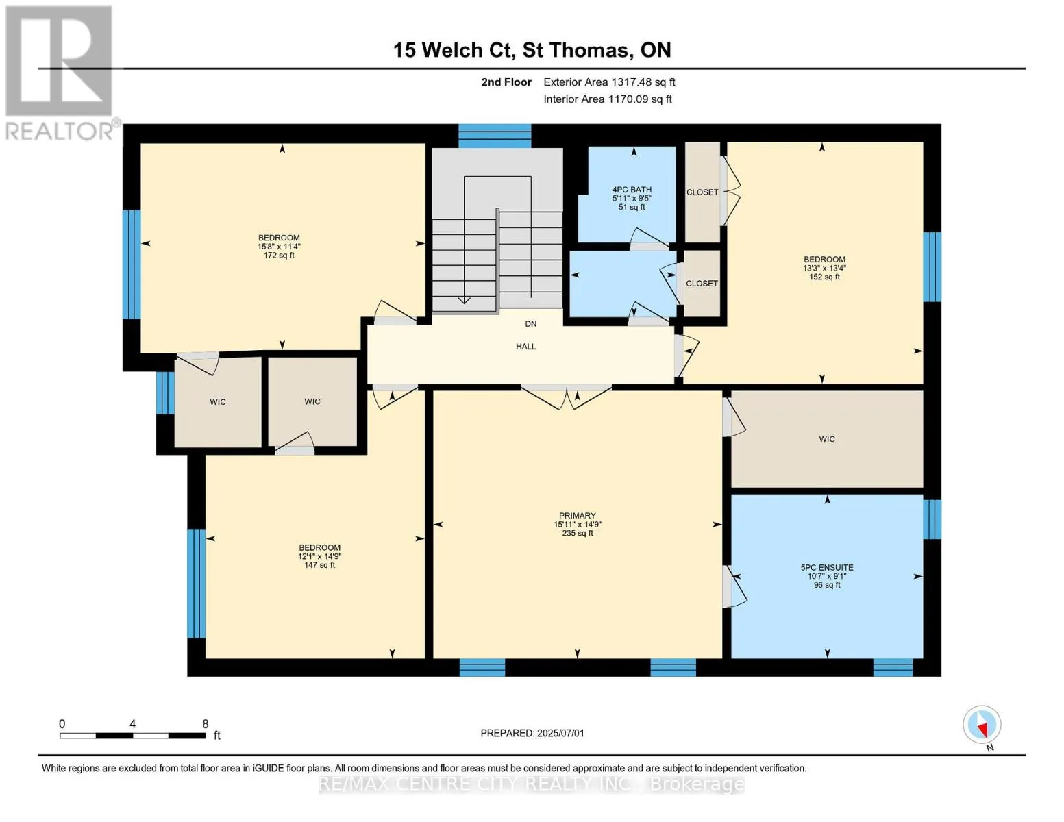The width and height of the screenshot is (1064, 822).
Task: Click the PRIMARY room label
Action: click(578, 516)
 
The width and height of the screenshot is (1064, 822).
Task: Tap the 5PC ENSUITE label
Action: click(827, 567)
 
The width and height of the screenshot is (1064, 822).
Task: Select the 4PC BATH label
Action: click(632, 190)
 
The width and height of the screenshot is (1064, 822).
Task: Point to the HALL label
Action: click(526, 346)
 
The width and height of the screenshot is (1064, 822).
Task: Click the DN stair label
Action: click(531, 323)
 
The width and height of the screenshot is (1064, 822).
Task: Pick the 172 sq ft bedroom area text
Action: click(279, 255)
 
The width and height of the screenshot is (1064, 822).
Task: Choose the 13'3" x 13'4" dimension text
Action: click(825, 268)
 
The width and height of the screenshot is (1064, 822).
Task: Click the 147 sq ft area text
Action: click(320, 565)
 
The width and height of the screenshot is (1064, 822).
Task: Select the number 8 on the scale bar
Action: click(205, 723)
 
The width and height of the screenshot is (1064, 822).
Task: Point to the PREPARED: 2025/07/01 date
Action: click(532, 733)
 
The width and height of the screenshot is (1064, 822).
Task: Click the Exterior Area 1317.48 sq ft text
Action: click(609, 82)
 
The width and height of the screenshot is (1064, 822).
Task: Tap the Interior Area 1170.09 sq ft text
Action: click(608, 99)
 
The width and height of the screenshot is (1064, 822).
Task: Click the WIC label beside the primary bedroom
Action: click(827, 438)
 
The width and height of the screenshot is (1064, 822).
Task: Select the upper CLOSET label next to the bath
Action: click(702, 192)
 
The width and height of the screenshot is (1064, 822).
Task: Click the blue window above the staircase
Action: click(495, 136)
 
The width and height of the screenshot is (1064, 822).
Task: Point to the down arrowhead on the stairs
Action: click(464, 300)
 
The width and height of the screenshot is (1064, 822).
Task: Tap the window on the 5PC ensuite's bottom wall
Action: click(893, 667)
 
